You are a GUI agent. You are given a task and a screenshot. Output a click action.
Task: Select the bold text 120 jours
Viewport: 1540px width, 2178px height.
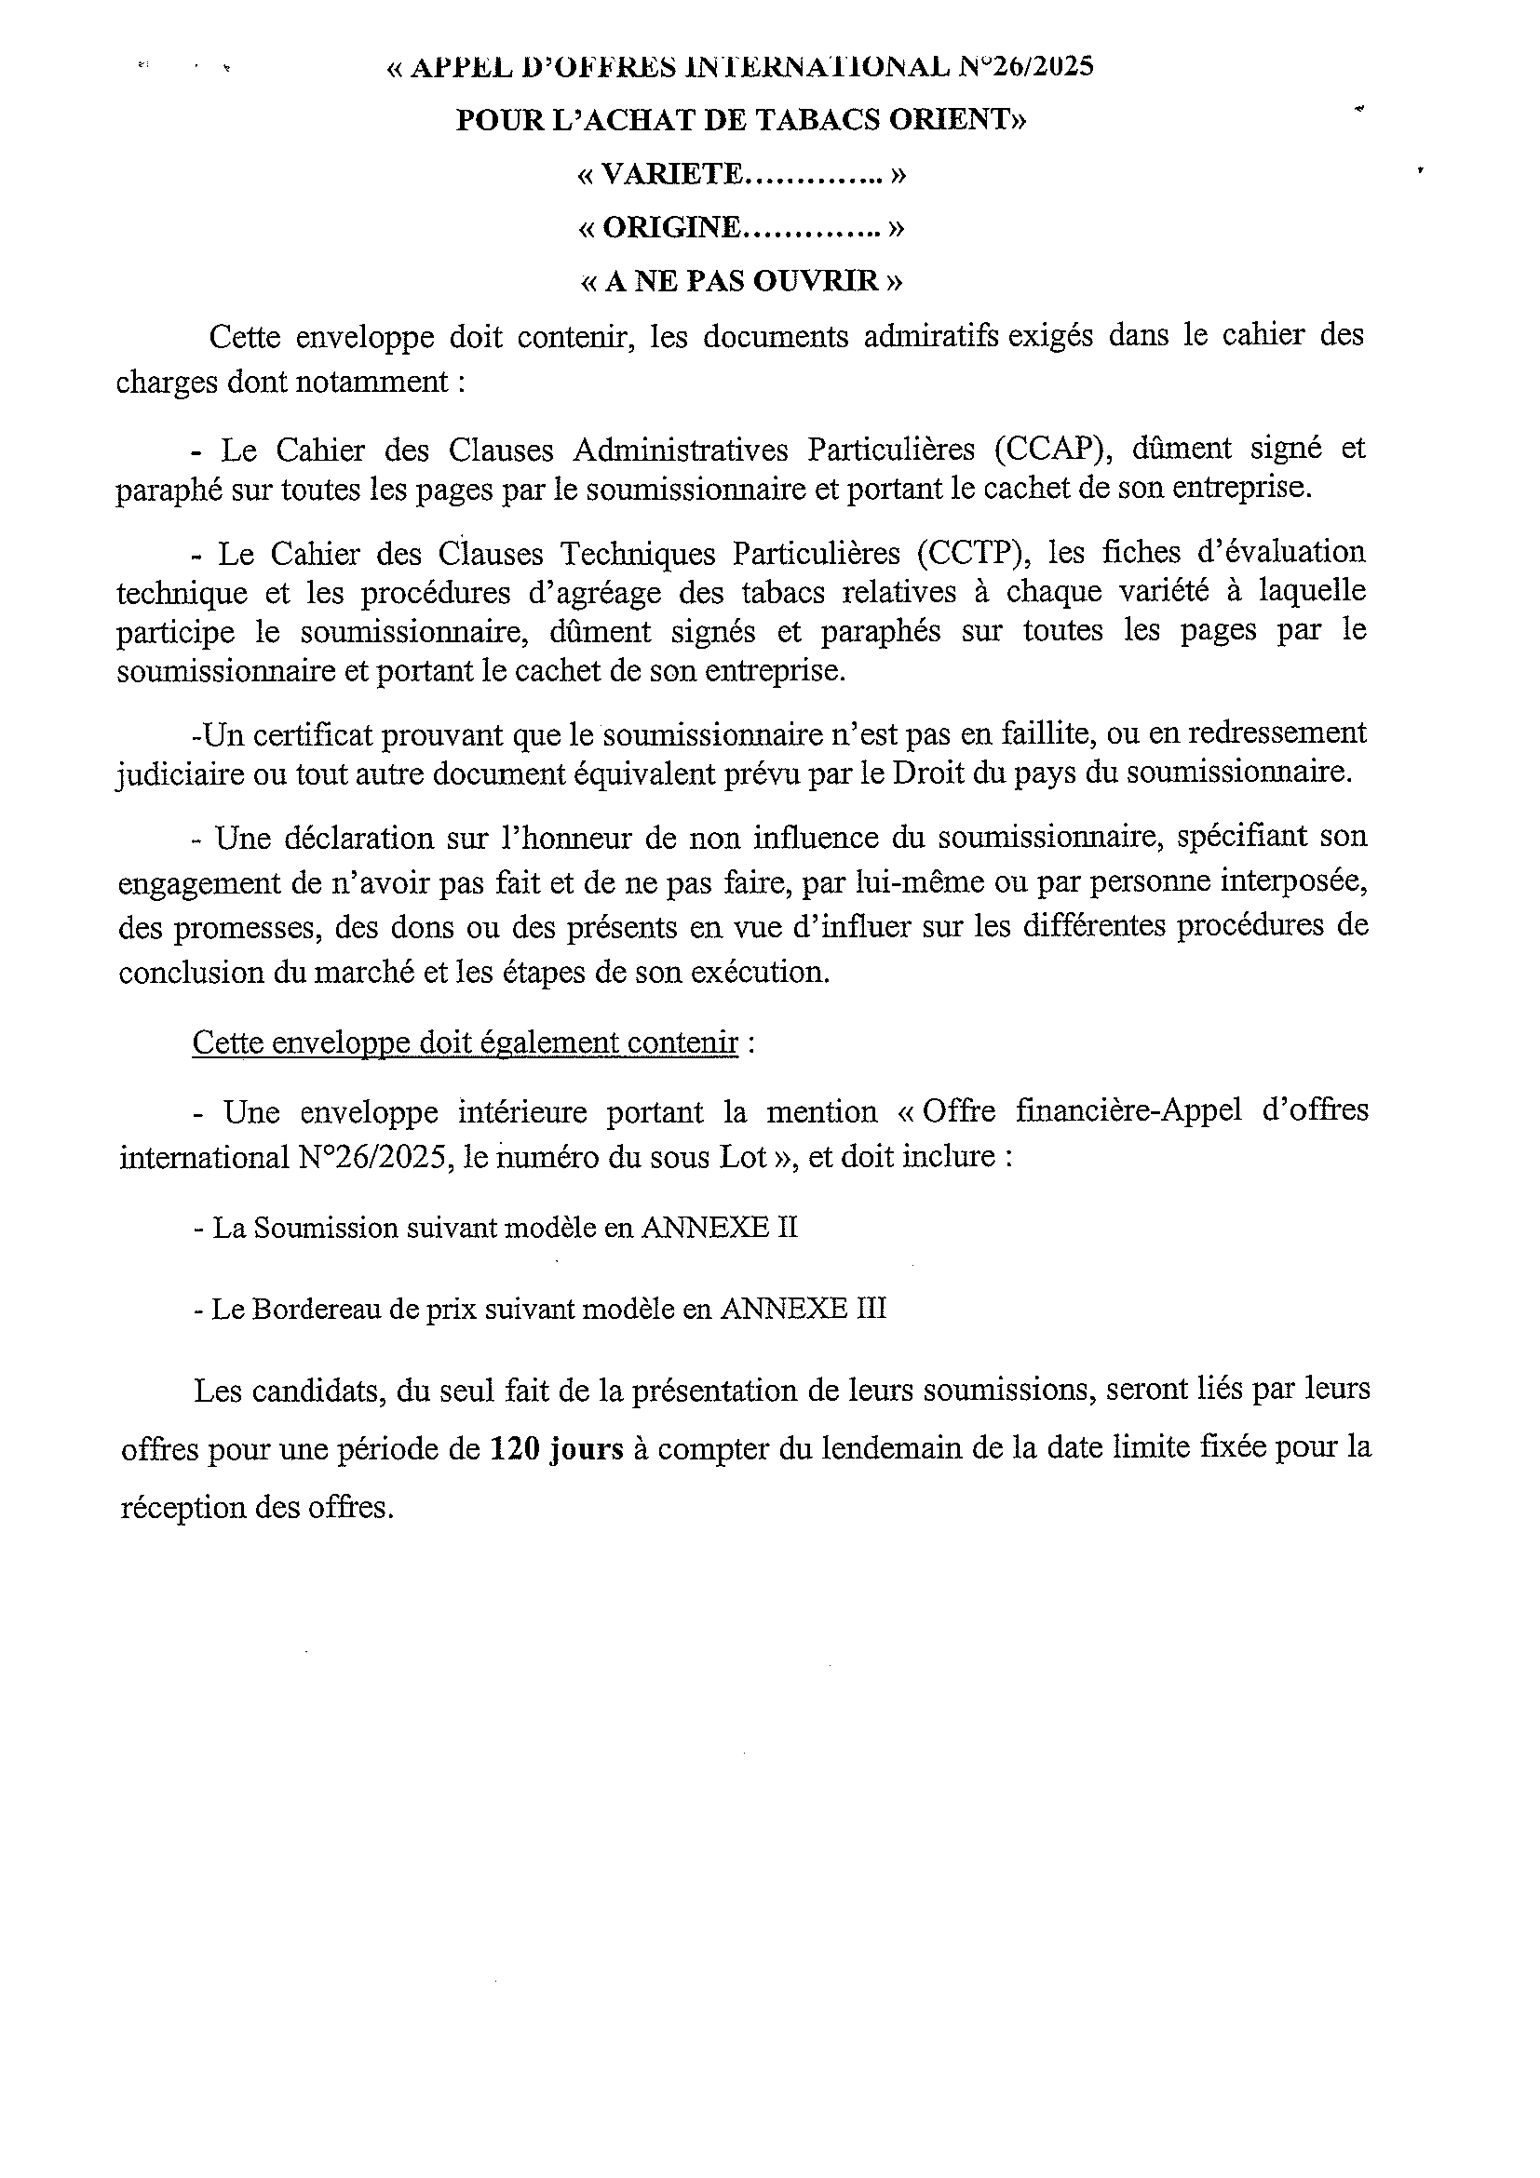pos(556,1448)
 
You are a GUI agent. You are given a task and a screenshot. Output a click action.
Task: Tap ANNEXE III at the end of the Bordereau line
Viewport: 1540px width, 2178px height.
pos(803,1309)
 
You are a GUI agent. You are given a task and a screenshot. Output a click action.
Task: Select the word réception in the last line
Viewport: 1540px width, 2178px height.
pos(182,1507)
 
